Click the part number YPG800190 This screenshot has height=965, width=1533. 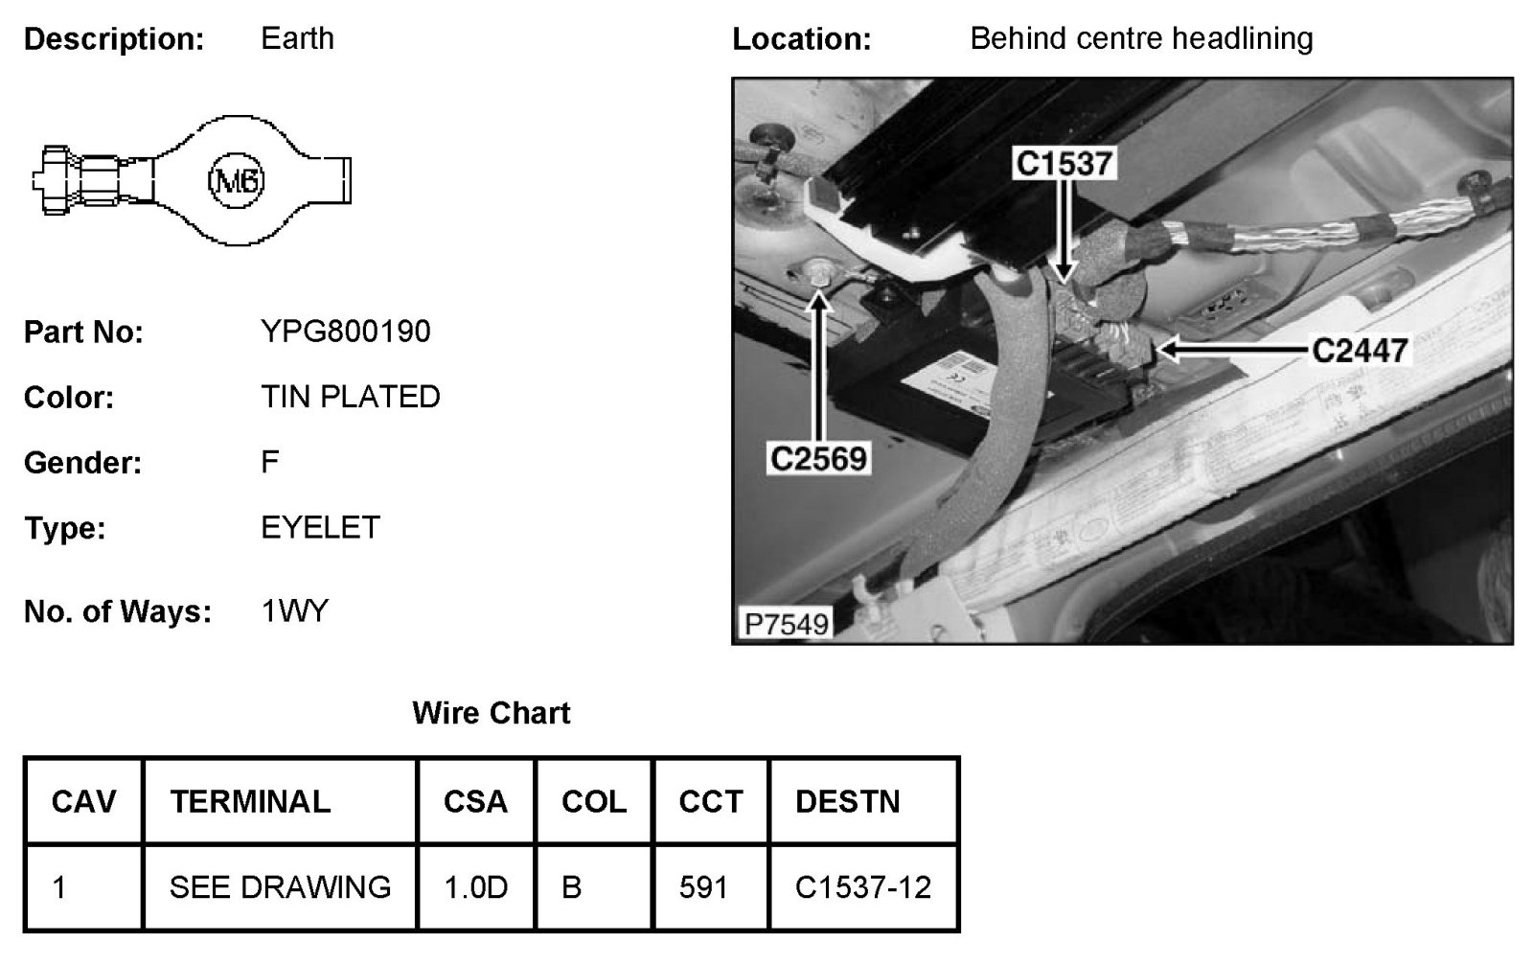[345, 332]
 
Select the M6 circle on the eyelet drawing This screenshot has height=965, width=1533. [236, 181]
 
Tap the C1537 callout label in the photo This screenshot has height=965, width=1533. [1064, 164]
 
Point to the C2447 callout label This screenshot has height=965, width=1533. [1360, 351]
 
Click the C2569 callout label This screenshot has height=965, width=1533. [818, 459]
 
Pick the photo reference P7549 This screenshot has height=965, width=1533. [786, 624]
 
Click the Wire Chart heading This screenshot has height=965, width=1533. [491, 713]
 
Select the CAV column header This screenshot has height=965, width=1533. [83, 801]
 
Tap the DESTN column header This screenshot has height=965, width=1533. [847, 801]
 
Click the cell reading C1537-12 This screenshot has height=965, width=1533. [862, 887]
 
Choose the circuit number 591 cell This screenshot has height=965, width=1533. [703, 887]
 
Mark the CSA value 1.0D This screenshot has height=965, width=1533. [475, 887]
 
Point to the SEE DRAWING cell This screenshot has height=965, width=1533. [280, 887]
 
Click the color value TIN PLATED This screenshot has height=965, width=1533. [350, 397]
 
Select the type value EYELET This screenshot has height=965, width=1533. [320, 528]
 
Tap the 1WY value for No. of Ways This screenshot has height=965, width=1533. [294, 611]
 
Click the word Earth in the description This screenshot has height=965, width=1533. [297, 39]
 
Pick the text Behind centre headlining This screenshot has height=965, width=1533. [1140, 39]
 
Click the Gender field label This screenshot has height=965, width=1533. [82, 463]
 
